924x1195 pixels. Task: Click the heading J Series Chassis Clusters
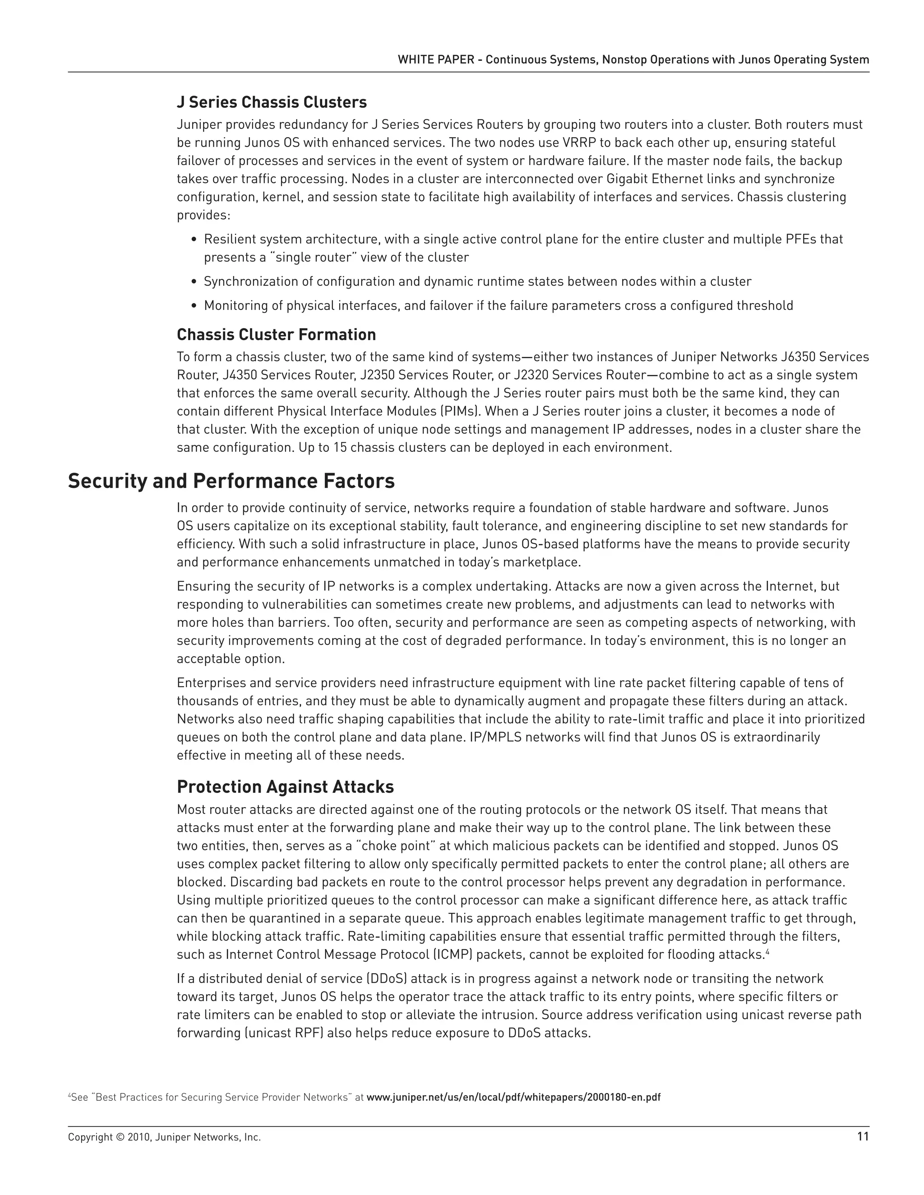(x=272, y=102)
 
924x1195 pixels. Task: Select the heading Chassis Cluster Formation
(x=276, y=334)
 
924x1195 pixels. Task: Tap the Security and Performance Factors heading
(x=231, y=481)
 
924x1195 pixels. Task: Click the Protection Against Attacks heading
(x=285, y=787)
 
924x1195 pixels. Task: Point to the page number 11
(x=863, y=1137)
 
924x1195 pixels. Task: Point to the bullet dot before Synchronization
(x=194, y=282)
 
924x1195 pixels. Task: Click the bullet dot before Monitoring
(x=194, y=306)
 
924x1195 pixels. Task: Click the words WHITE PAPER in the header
(x=436, y=60)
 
